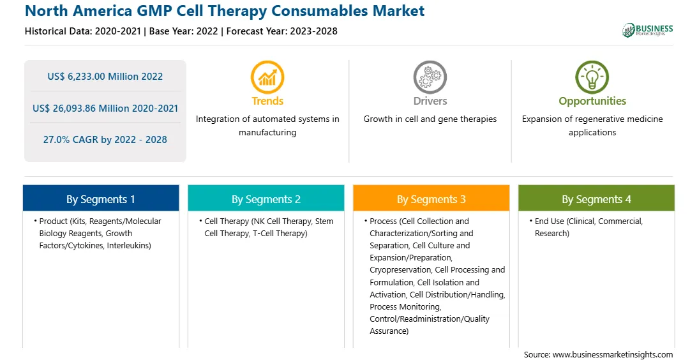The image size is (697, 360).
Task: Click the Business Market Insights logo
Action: (x=647, y=30)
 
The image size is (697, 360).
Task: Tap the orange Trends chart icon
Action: (x=267, y=77)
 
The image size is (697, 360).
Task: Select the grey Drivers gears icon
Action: (x=430, y=77)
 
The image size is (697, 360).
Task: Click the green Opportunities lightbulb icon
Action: (x=592, y=77)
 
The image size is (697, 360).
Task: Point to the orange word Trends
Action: (x=267, y=101)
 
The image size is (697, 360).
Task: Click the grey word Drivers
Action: (x=430, y=101)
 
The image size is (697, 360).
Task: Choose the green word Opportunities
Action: (x=592, y=101)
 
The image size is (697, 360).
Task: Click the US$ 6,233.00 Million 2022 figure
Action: (x=105, y=77)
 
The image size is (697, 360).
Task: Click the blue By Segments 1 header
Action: (x=101, y=199)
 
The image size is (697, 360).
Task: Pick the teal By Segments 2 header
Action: (x=266, y=199)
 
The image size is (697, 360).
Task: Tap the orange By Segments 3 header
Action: (x=431, y=199)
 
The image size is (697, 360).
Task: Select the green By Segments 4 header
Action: (x=597, y=199)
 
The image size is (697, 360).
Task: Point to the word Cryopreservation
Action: (x=400, y=270)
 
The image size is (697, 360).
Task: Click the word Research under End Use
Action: (x=551, y=234)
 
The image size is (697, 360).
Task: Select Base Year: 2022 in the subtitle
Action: (x=184, y=31)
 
